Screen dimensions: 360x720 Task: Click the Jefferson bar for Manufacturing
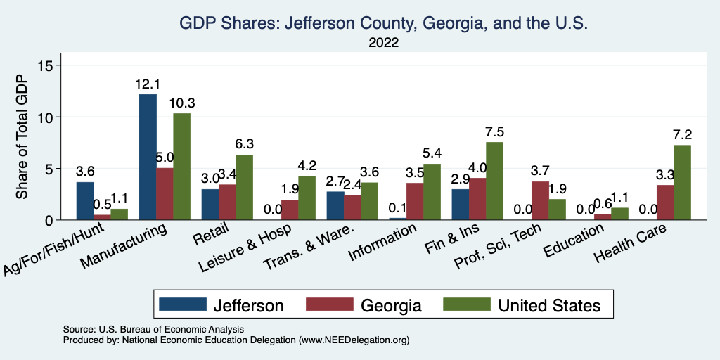click(148, 157)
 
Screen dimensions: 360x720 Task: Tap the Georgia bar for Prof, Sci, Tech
click(540, 200)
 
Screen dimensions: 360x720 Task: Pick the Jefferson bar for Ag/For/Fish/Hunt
click(85, 201)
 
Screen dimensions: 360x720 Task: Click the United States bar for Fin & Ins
click(495, 181)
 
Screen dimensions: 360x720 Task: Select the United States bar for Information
click(432, 192)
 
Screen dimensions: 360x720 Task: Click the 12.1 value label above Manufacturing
click(148, 84)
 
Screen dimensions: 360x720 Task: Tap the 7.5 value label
click(495, 132)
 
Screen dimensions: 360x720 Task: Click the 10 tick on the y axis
click(55, 117)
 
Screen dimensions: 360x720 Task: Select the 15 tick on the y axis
click(55, 65)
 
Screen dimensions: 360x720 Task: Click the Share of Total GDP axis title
click(22, 138)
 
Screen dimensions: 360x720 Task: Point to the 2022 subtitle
click(383, 43)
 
